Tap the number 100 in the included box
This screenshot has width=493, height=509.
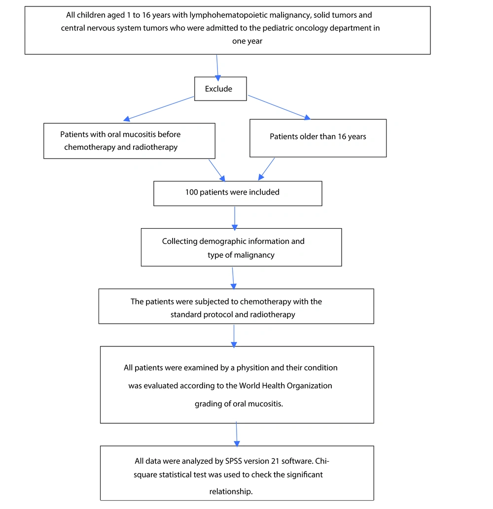pos(192,192)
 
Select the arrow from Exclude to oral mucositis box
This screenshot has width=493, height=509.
pos(159,108)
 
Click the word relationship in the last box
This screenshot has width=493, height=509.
pos(231,491)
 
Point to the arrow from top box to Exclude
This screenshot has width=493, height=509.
pos(217,68)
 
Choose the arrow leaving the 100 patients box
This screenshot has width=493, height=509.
pos(235,218)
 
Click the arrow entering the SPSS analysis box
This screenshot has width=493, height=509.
pos(237,434)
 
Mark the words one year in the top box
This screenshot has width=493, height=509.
pos(247,41)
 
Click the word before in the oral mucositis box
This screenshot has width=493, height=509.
pos(169,135)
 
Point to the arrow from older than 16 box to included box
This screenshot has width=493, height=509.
pos(267,169)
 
